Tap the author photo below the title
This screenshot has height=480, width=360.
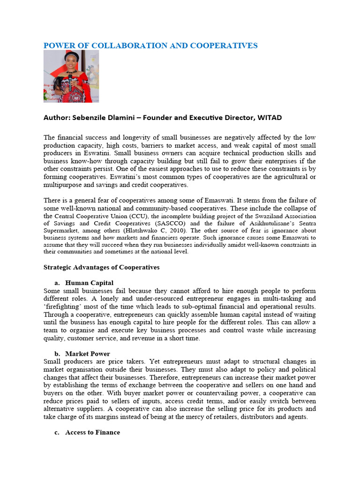[x=71, y=76]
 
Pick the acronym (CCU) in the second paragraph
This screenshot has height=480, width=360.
[x=136, y=216]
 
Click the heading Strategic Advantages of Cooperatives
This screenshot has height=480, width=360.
[x=101, y=267]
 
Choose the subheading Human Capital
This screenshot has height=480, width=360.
[x=89, y=283]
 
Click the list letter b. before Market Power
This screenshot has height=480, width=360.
[x=57, y=353]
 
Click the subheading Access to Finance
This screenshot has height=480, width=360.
[x=92, y=432]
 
